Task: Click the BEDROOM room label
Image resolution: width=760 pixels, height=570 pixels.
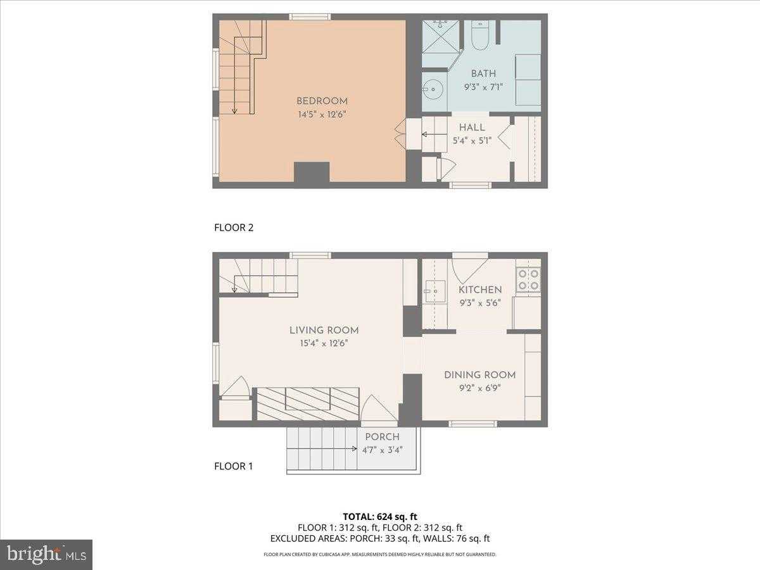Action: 322,101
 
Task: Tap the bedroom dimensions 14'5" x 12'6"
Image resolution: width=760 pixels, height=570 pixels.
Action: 322,115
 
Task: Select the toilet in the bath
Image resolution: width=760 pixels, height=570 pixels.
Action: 479,36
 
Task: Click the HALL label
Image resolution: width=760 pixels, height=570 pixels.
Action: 472,127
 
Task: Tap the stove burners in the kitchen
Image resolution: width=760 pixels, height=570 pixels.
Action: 528,280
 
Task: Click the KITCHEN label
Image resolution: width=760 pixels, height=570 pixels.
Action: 480,290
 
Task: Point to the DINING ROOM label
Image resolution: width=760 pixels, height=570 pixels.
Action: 479,374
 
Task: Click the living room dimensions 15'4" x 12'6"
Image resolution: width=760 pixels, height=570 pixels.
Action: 324,343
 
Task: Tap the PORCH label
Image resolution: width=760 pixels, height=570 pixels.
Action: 382,437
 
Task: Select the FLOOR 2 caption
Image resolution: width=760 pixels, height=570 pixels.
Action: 234,228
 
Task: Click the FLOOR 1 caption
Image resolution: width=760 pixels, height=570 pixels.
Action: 234,467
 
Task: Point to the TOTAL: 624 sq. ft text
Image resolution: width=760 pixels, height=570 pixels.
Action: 380,516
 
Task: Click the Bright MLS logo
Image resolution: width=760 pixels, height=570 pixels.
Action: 46,555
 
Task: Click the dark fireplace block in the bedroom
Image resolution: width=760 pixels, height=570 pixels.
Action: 312,172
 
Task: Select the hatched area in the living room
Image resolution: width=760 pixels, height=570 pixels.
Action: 307,404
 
